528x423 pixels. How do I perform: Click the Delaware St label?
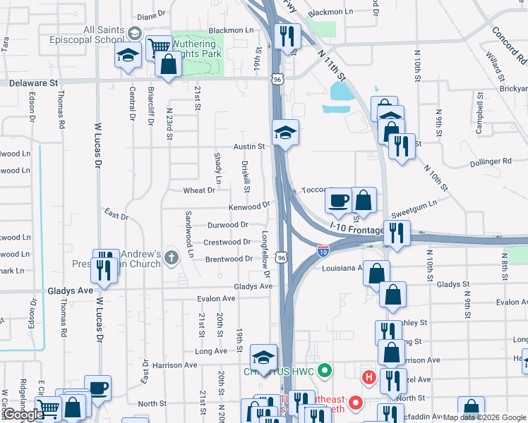tap(34, 82)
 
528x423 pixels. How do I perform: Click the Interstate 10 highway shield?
tap(323, 250)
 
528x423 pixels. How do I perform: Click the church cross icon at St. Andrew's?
tap(171, 258)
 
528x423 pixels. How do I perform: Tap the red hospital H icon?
tap(368, 377)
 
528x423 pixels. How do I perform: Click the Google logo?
tap(23, 415)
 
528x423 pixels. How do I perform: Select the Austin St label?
tap(249, 147)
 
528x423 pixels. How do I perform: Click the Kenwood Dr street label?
tap(248, 206)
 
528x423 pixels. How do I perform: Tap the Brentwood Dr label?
tap(229, 259)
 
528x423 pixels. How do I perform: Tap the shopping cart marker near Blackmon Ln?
tap(159, 47)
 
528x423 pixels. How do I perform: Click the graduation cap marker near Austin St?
tap(285, 132)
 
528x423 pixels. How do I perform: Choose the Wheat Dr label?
tap(199, 190)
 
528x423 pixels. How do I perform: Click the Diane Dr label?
tap(150, 14)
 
